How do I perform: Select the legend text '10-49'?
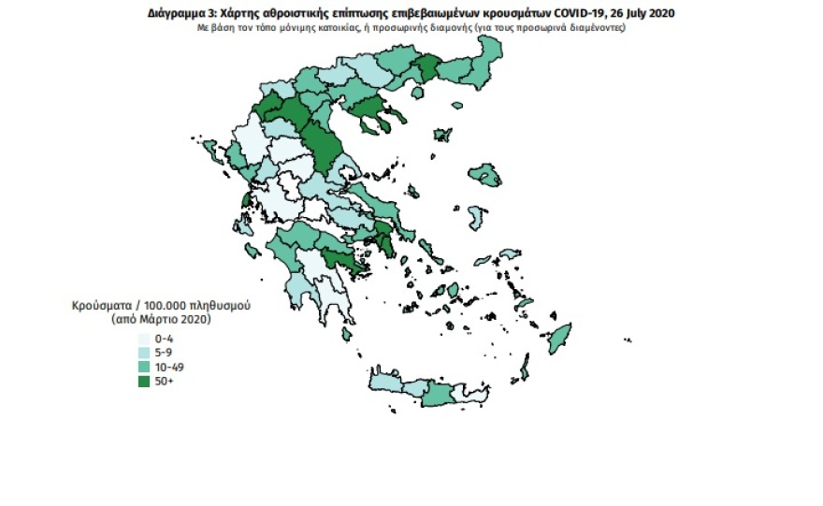point(168,368)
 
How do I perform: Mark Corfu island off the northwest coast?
point(211,150)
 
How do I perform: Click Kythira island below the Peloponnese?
point(347,334)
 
